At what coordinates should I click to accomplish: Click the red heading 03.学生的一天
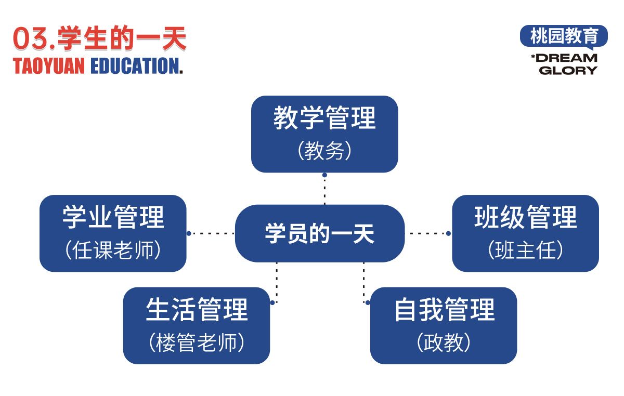click(100, 38)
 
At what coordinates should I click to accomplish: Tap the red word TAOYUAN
click(49, 66)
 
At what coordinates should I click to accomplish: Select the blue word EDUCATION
click(137, 66)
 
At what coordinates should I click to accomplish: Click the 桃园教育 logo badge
click(564, 36)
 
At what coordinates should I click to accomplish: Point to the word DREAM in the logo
click(566, 58)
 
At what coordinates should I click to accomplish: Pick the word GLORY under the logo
click(568, 70)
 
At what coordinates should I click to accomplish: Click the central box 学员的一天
click(320, 233)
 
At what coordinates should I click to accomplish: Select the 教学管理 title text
click(324, 118)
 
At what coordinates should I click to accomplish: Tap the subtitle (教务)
click(324, 151)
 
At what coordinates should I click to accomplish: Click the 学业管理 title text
click(113, 217)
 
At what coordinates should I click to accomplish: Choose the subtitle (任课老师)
click(113, 250)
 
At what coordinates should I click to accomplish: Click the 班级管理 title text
click(525, 217)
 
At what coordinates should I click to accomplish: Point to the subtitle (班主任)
click(525, 250)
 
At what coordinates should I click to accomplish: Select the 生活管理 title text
click(197, 309)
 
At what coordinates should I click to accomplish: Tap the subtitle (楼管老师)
click(197, 342)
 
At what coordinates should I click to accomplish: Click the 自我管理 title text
click(445, 309)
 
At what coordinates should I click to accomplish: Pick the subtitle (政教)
click(444, 342)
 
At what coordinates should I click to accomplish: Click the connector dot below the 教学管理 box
click(324, 175)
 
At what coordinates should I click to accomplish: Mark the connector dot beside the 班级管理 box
click(448, 233)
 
